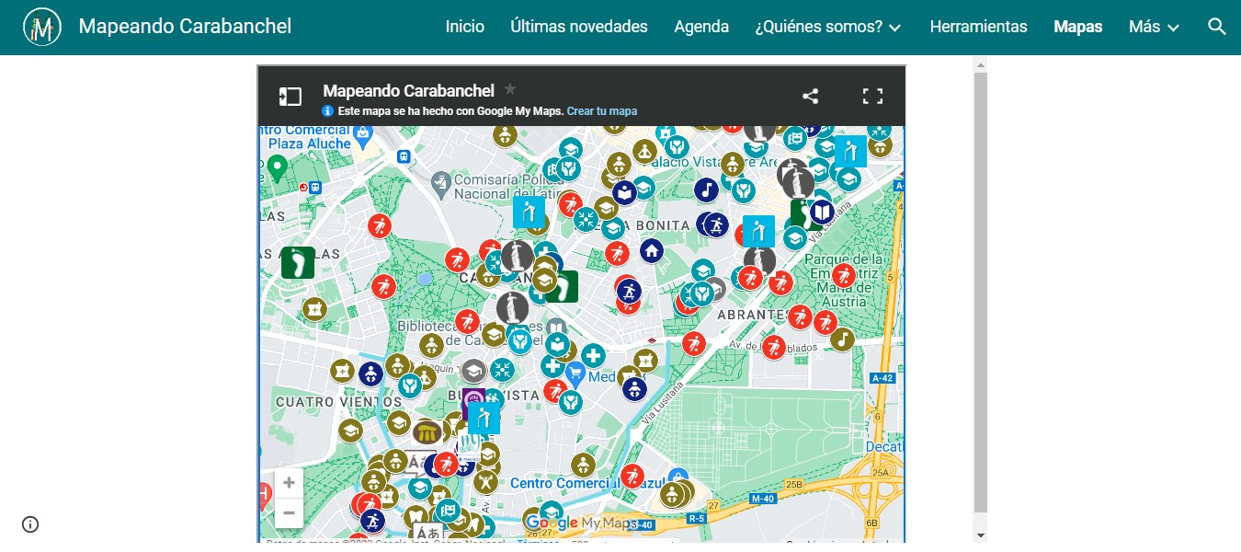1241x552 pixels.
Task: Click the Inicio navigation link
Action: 464,27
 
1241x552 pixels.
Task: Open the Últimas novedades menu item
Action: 579,27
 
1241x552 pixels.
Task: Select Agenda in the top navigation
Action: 701,27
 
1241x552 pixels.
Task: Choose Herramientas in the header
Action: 978,27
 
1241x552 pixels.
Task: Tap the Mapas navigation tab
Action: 1077,27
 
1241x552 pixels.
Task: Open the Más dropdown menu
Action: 1154,27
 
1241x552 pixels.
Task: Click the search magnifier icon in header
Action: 1217,27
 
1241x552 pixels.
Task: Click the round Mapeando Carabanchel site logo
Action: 42,27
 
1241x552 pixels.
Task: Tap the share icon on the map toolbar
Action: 810,96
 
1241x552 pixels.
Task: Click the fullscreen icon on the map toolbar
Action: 872,96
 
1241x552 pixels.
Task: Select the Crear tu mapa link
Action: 602,111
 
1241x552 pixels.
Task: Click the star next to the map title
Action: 510,89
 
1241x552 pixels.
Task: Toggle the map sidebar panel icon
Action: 290,96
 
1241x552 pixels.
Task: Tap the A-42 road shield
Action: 882,377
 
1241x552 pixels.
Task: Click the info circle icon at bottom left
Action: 30,524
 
